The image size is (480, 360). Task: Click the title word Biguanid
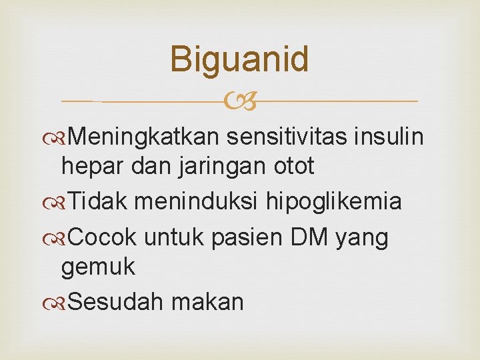tap(239, 59)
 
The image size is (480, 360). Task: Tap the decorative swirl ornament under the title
tap(240, 102)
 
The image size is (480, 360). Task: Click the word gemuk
tap(97, 267)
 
